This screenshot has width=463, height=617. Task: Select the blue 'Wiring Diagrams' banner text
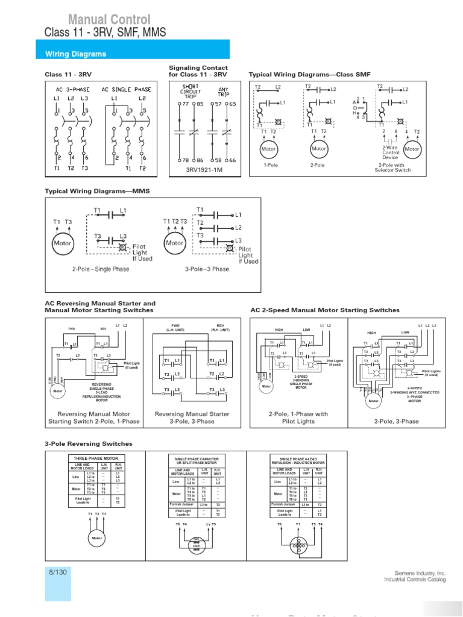point(76,54)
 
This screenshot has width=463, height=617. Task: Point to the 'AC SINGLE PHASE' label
point(126,89)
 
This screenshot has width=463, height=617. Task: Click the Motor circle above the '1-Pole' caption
point(268,149)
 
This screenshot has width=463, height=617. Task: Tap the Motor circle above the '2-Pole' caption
point(318,149)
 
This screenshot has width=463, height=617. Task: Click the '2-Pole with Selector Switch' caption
point(394,168)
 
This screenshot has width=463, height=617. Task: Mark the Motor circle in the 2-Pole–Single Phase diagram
point(63,243)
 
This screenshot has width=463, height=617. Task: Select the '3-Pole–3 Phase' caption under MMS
point(207,269)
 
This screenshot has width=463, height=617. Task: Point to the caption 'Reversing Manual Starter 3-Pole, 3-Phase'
point(192,418)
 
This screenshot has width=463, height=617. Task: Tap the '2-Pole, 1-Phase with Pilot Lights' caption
point(298,418)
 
